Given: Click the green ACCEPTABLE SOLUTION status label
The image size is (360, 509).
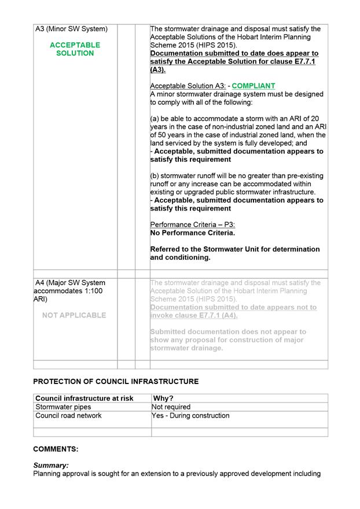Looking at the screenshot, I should click(x=75, y=49).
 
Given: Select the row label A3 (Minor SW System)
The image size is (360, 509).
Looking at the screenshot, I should click(x=72, y=28).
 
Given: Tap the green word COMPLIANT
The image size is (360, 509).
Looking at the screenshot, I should click(x=254, y=86).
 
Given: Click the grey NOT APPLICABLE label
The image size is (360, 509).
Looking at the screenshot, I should click(x=75, y=315).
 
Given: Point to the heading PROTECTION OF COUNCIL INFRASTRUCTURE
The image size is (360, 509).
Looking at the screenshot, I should click(x=116, y=382).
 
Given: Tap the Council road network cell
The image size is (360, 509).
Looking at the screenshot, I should click(x=68, y=415).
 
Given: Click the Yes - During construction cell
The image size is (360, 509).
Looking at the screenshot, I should click(x=190, y=415).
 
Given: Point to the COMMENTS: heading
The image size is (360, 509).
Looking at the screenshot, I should click(x=56, y=449).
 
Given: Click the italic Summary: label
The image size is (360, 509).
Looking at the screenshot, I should click(x=51, y=465).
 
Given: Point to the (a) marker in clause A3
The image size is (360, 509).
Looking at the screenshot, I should click(x=155, y=119).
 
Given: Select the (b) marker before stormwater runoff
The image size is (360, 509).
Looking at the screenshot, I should click(x=155, y=176).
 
